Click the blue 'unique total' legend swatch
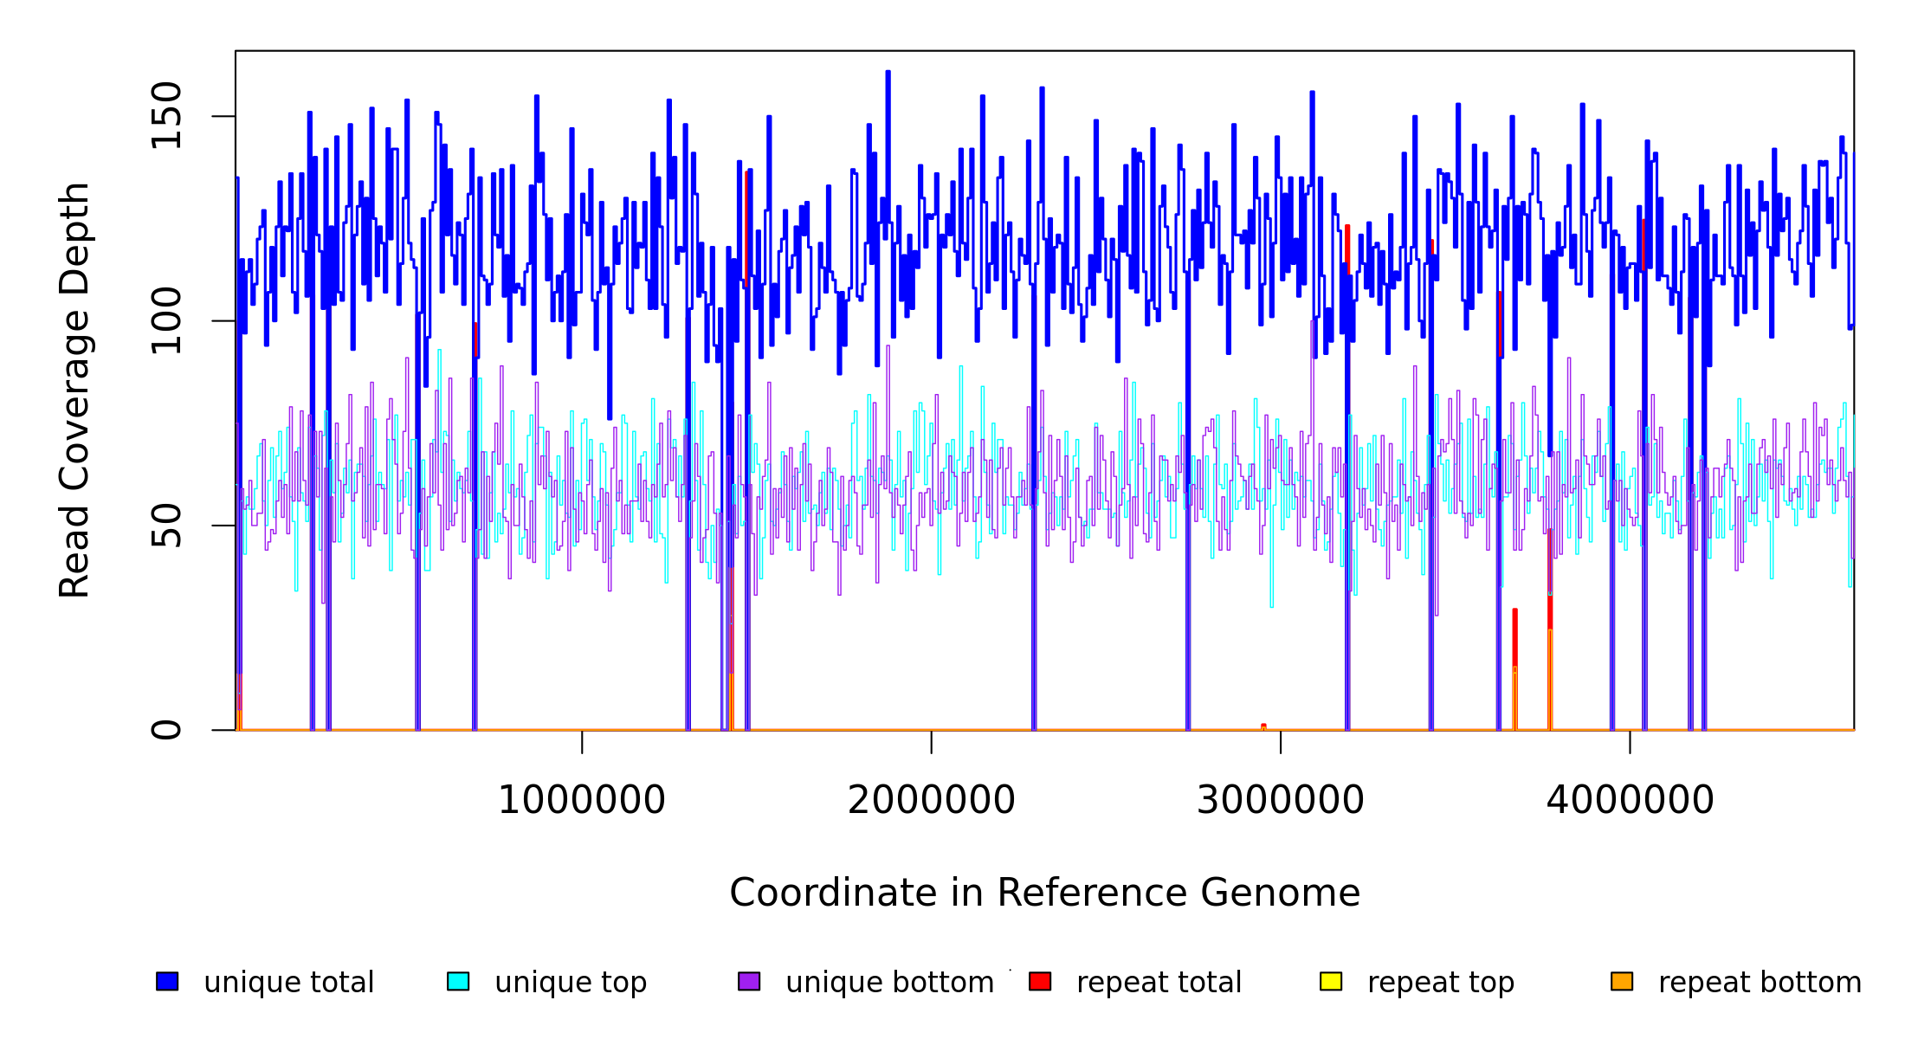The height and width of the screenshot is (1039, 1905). click(x=167, y=981)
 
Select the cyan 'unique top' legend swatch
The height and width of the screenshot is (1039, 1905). click(x=458, y=981)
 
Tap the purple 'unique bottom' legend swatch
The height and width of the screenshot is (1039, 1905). click(x=749, y=981)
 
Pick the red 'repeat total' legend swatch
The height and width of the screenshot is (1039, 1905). click(x=1040, y=981)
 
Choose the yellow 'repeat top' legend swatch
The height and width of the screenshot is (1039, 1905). click(x=1331, y=981)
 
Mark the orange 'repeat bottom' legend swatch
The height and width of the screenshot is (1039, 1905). click(x=1622, y=981)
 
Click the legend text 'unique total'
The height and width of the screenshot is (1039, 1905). click(x=288, y=983)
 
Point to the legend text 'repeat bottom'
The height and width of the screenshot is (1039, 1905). click(x=1760, y=983)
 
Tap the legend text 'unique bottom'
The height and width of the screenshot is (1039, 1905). click(x=889, y=983)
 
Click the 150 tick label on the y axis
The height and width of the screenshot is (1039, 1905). click(x=166, y=116)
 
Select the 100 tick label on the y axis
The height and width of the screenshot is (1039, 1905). click(x=166, y=321)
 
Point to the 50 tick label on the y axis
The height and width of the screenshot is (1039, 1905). click(x=166, y=526)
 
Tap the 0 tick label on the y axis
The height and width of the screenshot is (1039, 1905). click(x=166, y=730)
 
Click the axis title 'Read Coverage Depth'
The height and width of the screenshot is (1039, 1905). click(x=74, y=390)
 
